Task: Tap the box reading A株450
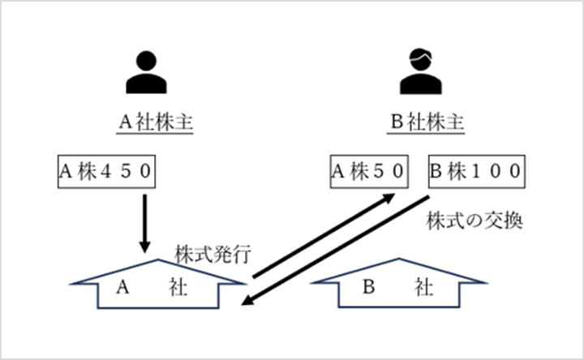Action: click(x=105, y=172)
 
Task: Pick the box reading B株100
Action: click(x=475, y=172)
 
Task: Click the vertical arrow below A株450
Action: click(x=146, y=221)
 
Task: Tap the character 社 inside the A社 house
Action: click(x=178, y=286)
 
